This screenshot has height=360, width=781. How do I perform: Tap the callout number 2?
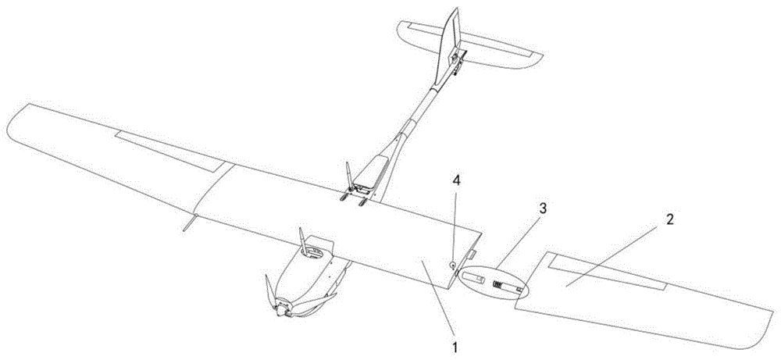(669, 221)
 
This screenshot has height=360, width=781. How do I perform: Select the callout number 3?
(541, 209)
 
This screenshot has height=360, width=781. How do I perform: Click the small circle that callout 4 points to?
(452, 266)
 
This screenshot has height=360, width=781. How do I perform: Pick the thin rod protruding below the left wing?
(184, 224)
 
